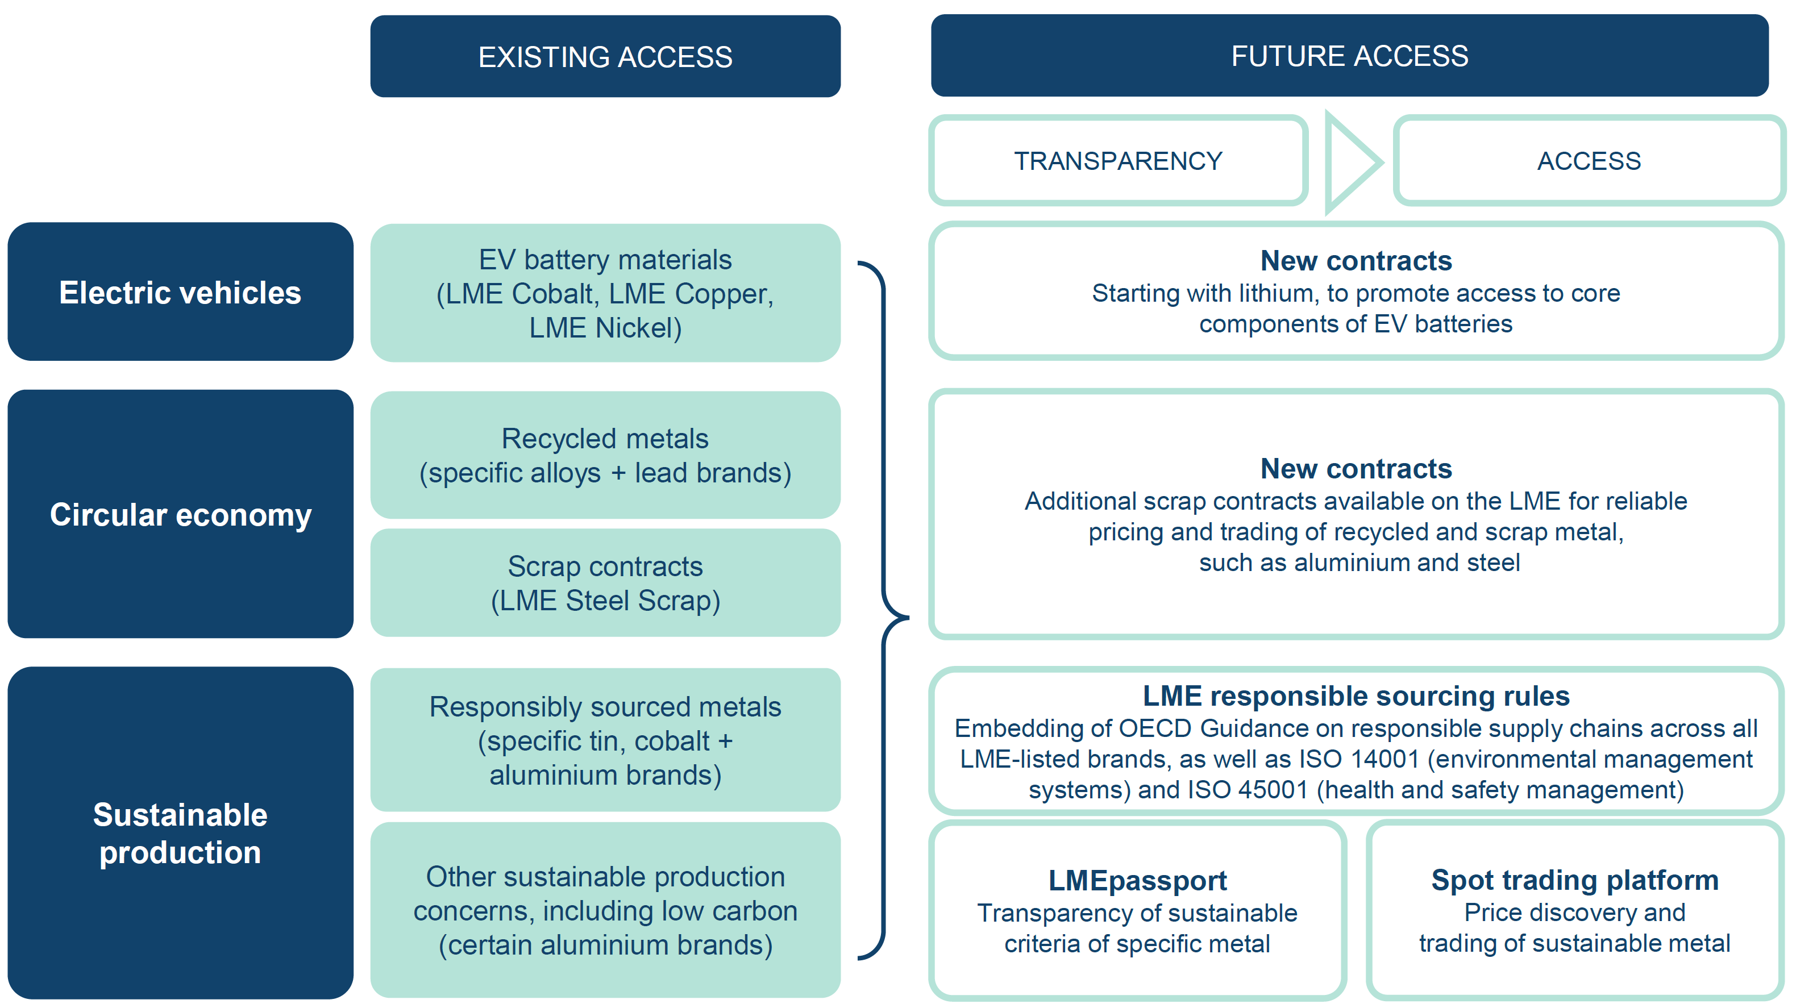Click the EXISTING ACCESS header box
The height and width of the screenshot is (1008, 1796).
(x=605, y=56)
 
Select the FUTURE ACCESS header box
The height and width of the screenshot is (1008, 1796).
(x=1350, y=56)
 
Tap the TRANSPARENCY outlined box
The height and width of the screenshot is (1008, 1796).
(x=1119, y=161)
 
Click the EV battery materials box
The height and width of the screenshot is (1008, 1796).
(x=605, y=293)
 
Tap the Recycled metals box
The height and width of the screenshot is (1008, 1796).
(x=605, y=455)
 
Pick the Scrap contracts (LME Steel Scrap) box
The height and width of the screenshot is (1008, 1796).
(x=605, y=583)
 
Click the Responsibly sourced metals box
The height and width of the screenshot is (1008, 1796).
(x=605, y=740)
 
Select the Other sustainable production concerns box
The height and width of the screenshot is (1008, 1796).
(x=605, y=910)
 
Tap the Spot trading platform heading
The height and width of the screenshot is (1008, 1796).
(x=1575, y=880)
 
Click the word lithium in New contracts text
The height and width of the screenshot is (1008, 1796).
(x=1279, y=293)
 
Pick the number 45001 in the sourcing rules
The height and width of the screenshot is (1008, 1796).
(x=1273, y=790)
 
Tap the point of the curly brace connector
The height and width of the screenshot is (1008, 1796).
(x=908, y=618)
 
